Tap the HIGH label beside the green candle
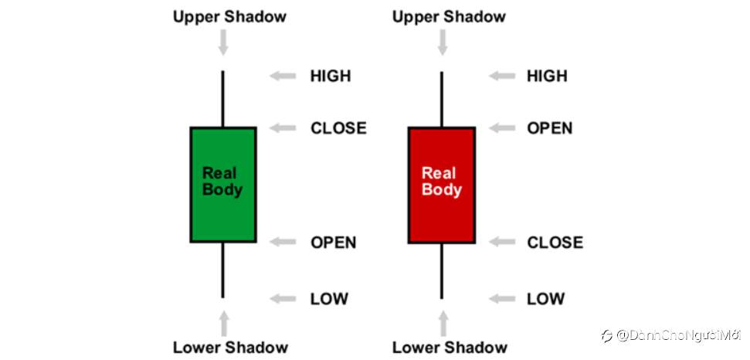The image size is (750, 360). pos(331,76)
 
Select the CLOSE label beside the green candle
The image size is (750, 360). pos(338,128)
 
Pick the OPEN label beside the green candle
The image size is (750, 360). pos(334,243)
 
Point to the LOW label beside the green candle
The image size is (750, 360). pos(329,299)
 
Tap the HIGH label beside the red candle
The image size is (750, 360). pos(547,76)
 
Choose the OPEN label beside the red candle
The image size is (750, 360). pos(550,128)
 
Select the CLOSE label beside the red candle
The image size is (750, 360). pos(555,243)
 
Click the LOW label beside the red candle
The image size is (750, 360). pos(546,299)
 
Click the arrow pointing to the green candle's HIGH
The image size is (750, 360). pos(283,76)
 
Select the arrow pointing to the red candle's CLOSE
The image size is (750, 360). pos(501,243)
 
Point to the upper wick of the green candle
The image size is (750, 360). pos(223,99)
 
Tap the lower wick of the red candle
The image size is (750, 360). pos(442,270)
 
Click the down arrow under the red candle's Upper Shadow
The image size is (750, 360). pos(442,42)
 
